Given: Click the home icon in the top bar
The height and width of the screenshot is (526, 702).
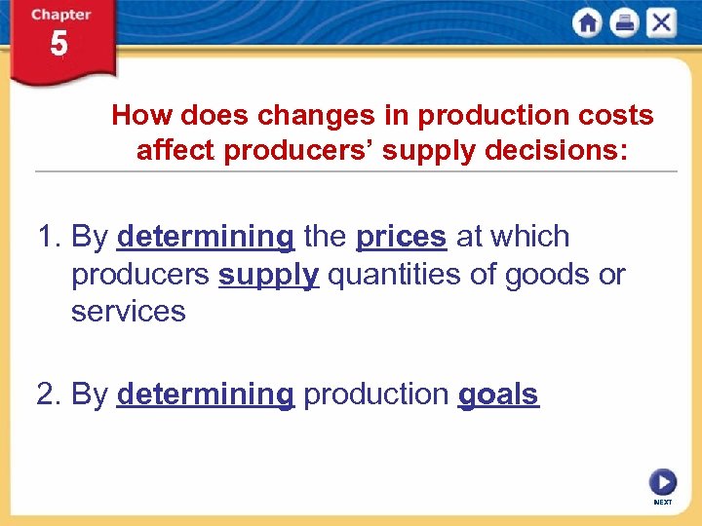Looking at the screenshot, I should (x=588, y=22).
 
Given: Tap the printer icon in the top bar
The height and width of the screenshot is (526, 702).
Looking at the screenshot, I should (x=624, y=22).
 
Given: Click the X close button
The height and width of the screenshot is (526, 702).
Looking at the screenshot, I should (x=660, y=22).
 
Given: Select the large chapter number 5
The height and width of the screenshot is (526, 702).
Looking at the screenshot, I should (x=59, y=45).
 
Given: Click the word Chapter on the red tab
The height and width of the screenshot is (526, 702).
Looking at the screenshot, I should (x=59, y=14).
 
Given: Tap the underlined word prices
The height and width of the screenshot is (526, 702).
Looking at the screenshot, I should (x=401, y=237).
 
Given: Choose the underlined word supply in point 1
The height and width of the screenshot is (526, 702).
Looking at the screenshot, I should (x=268, y=275).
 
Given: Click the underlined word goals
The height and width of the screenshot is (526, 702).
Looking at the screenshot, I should (x=497, y=394).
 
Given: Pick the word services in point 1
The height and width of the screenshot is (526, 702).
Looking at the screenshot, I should (x=128, y=312).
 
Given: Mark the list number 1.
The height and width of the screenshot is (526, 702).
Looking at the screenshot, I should (x=45, y=237).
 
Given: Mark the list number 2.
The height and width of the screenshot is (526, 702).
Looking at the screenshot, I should (x=45, y=394).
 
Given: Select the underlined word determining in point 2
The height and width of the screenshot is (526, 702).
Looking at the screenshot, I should (x=205, y=394).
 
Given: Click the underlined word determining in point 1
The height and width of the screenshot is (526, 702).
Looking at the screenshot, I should (x=205, y=237).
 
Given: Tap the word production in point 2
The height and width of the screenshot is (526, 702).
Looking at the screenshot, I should (x=375, y=394).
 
